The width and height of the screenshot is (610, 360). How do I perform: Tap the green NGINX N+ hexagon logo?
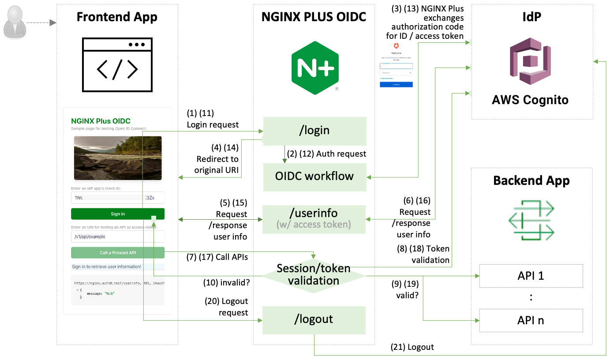pos(315,67)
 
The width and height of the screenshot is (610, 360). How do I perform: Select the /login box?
pos(315,131)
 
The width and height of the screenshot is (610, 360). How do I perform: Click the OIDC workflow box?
pos(314,176)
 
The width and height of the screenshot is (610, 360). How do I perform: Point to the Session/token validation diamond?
pos(314,274)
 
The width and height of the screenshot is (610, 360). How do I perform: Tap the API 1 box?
pos(531,276)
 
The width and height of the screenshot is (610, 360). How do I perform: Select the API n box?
pos(531,320)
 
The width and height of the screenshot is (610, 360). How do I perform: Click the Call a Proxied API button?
pos(118,253)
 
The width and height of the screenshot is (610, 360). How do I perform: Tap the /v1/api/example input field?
pos(118,236)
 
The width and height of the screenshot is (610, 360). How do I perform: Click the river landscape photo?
pos(118,157)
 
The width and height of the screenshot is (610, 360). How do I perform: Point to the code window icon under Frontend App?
pos(117,64)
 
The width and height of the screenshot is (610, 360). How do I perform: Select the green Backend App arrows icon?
pos(531,219)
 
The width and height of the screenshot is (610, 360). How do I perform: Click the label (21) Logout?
pos(412,347)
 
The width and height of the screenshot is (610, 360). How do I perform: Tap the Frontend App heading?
pos(117,17)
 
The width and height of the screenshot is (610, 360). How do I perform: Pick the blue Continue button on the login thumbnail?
pos(396,84)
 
